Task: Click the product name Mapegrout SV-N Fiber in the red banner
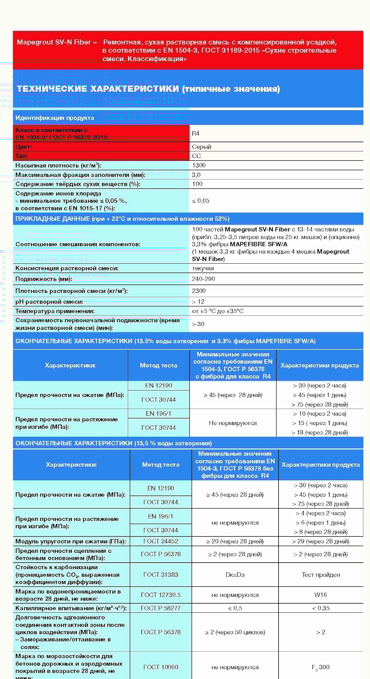(x=54, y=42)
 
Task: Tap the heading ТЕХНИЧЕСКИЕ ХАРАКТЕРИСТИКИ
(x=98, y=89)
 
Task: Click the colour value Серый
(x=201, y=147)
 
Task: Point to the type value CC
(x=196, y=156)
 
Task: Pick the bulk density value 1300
(x=199, y=165)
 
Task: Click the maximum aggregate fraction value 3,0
(x=196, y=175)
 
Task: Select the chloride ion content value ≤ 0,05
(x=200, y=201)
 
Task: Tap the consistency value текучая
(x=203, y=268)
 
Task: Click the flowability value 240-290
(x=203, y=279)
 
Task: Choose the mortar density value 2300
(x=199, y=291)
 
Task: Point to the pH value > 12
(x=198, y=302)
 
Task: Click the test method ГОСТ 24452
(x=161, y=541)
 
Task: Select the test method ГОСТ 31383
(x=161, y=575)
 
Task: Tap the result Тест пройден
(x=321, y=575)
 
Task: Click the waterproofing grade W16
(x=321, y=595)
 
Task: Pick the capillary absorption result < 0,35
(x=321, y=608)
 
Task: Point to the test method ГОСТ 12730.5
(x=161, y=595)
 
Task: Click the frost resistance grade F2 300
(x=321, y=667)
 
